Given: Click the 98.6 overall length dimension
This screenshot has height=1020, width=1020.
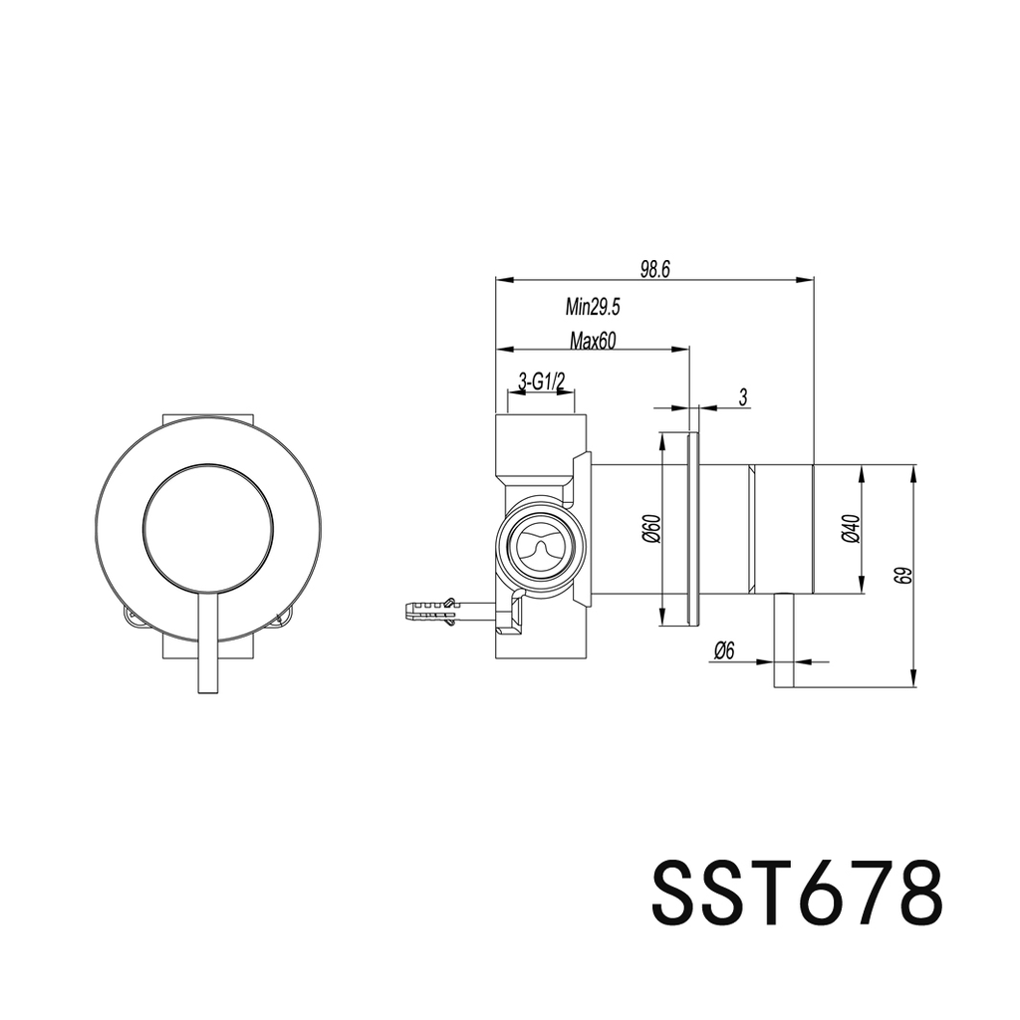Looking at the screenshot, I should pos(655,269).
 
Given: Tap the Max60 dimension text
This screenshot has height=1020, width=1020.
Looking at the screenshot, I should pos(593,341).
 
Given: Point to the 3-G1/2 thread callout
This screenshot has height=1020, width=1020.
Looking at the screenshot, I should pos(543,382).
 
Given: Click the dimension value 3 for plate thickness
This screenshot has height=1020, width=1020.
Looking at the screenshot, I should pos(743,397).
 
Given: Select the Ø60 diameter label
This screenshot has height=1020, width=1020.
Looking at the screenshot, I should pos(648,529).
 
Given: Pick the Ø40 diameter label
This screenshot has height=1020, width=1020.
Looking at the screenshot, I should pos(848,529).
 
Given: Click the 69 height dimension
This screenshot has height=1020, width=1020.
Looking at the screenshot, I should pos(901,576).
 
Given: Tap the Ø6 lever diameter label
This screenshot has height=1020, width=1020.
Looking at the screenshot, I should pos(724,651).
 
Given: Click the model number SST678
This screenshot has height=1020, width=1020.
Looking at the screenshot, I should pos(796,893).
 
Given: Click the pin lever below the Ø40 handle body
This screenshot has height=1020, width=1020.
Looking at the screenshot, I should pos(784,638).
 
